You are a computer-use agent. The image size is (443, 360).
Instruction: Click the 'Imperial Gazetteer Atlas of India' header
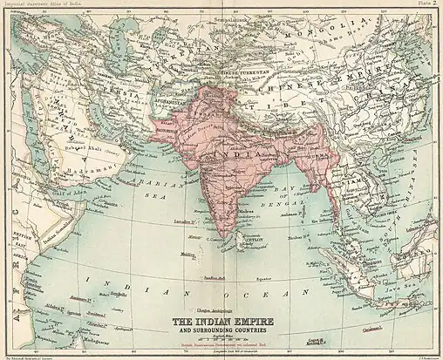pyautogui.click(x=41, y=3)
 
